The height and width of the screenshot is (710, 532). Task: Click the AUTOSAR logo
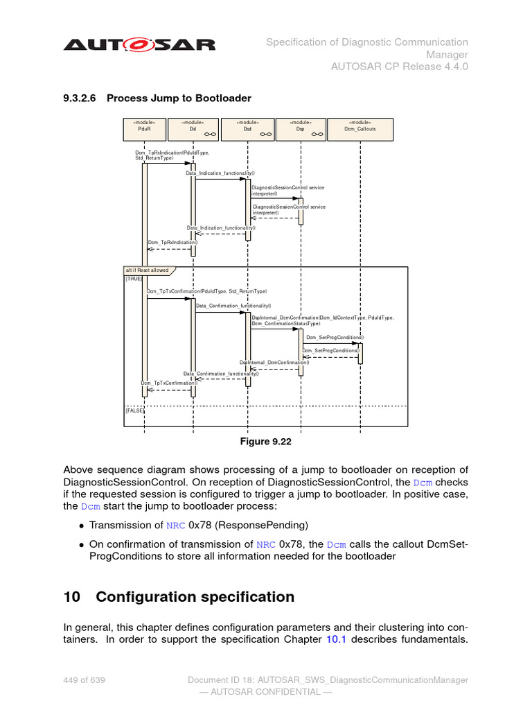(x=139, y=45)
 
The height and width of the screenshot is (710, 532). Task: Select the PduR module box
(x=144, y=128)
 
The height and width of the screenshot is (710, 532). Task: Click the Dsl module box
(x=193, y=128)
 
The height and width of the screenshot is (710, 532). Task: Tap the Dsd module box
(x=247, y=128)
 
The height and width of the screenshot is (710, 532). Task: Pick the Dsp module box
(x=301, y=128)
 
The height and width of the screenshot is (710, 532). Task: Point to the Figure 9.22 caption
(x=265, y=442)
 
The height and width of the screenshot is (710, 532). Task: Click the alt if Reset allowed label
(x=148, y=270)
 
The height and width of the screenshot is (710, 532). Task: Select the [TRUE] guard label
(x=134, y=279)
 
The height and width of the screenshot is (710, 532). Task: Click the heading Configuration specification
(x=195, y=597)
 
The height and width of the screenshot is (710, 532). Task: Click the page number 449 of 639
(x=85, y=680)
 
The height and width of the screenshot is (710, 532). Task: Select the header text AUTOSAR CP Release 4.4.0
(x=400, y=67)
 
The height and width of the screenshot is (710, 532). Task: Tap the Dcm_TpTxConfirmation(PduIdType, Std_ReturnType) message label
(x=206, y=292)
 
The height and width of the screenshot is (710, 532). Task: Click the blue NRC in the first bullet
(x=175, y=525)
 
